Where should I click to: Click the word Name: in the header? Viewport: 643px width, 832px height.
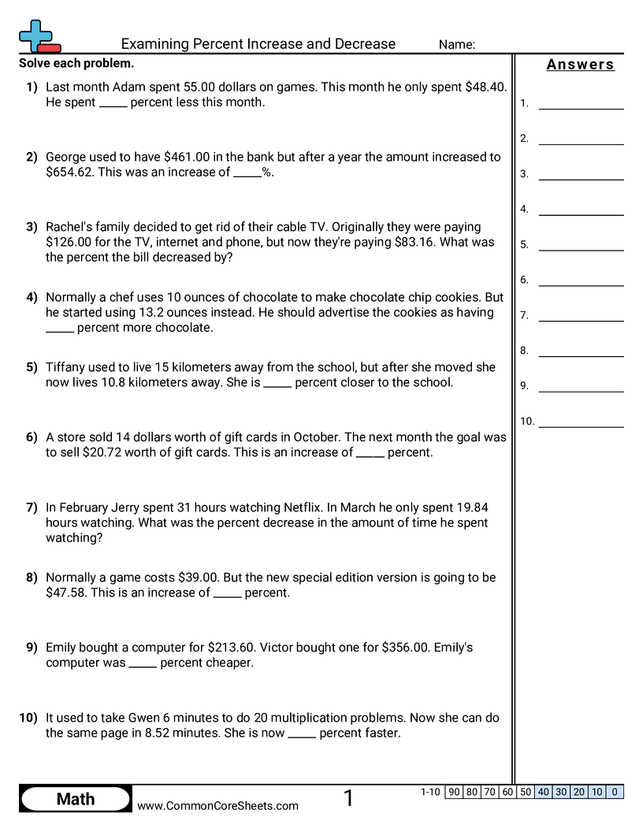457,45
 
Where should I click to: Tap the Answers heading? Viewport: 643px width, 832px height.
580,65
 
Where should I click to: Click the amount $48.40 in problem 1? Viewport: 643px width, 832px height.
487,87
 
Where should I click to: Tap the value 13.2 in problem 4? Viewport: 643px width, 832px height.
149,312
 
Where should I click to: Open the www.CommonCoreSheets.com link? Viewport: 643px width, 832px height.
217,805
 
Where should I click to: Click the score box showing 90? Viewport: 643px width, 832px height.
453,792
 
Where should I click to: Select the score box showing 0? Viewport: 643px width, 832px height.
615,792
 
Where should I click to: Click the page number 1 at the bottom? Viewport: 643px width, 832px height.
348,799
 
